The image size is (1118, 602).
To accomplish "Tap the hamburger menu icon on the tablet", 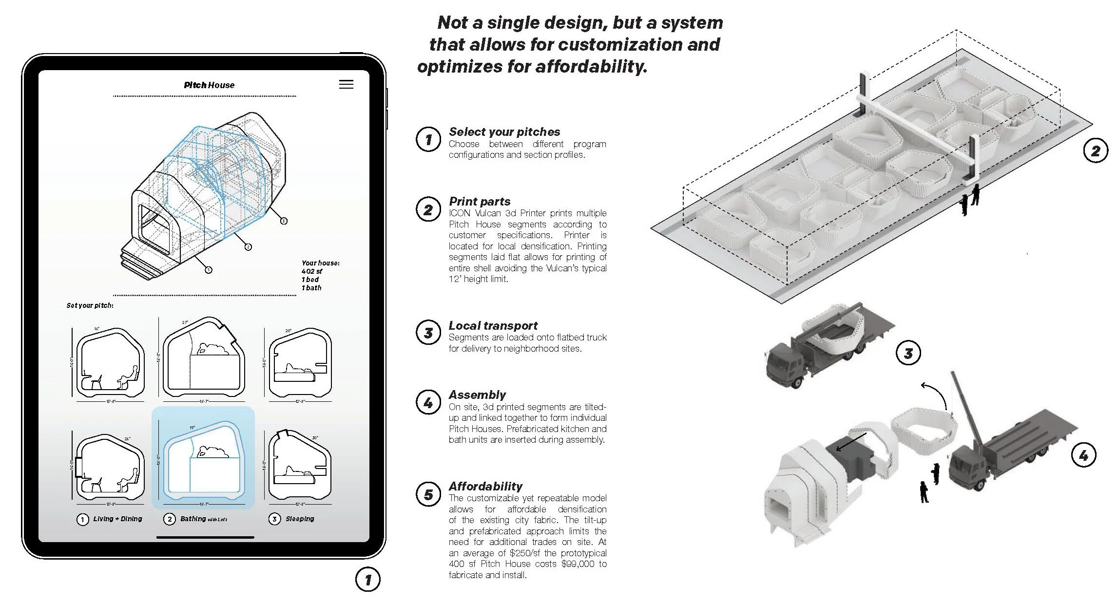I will (346, 84).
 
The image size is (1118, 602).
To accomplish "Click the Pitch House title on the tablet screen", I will (209, 85).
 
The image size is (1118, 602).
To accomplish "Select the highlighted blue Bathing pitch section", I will (203, 458).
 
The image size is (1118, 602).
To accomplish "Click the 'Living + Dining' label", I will (117, 519).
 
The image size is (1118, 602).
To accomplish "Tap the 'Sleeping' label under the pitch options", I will (300, 519).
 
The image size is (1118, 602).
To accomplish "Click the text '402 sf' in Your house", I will (311, 271).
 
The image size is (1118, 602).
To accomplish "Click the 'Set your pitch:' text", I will (90, 305).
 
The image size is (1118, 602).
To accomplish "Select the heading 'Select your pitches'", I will (504, 132).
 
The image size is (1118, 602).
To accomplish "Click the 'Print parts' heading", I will (480, 201).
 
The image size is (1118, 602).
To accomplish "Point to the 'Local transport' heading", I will (493, 325).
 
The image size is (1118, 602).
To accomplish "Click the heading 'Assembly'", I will (477, 395).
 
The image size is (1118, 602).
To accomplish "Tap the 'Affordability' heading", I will (485, 486).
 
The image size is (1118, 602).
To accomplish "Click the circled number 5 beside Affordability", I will (428, 494).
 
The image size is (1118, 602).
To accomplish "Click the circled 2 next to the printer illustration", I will (1095, 150).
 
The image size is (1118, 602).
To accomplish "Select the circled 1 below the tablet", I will (367, 580).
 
